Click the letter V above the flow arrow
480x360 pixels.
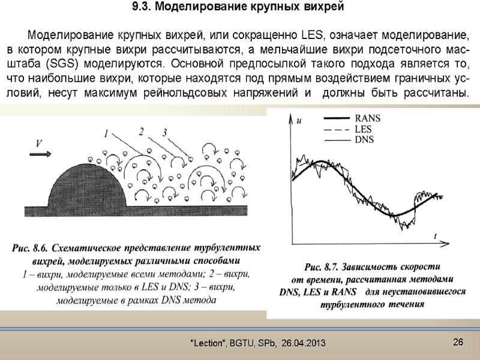tap(39, 144)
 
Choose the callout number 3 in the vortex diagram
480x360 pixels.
tap(163, 133)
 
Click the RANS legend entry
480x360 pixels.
tap(368, 118)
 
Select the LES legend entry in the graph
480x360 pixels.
tap(364, 128)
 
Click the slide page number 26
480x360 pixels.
tap(458, 342)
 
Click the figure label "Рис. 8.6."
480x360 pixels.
tap(29, 248)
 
